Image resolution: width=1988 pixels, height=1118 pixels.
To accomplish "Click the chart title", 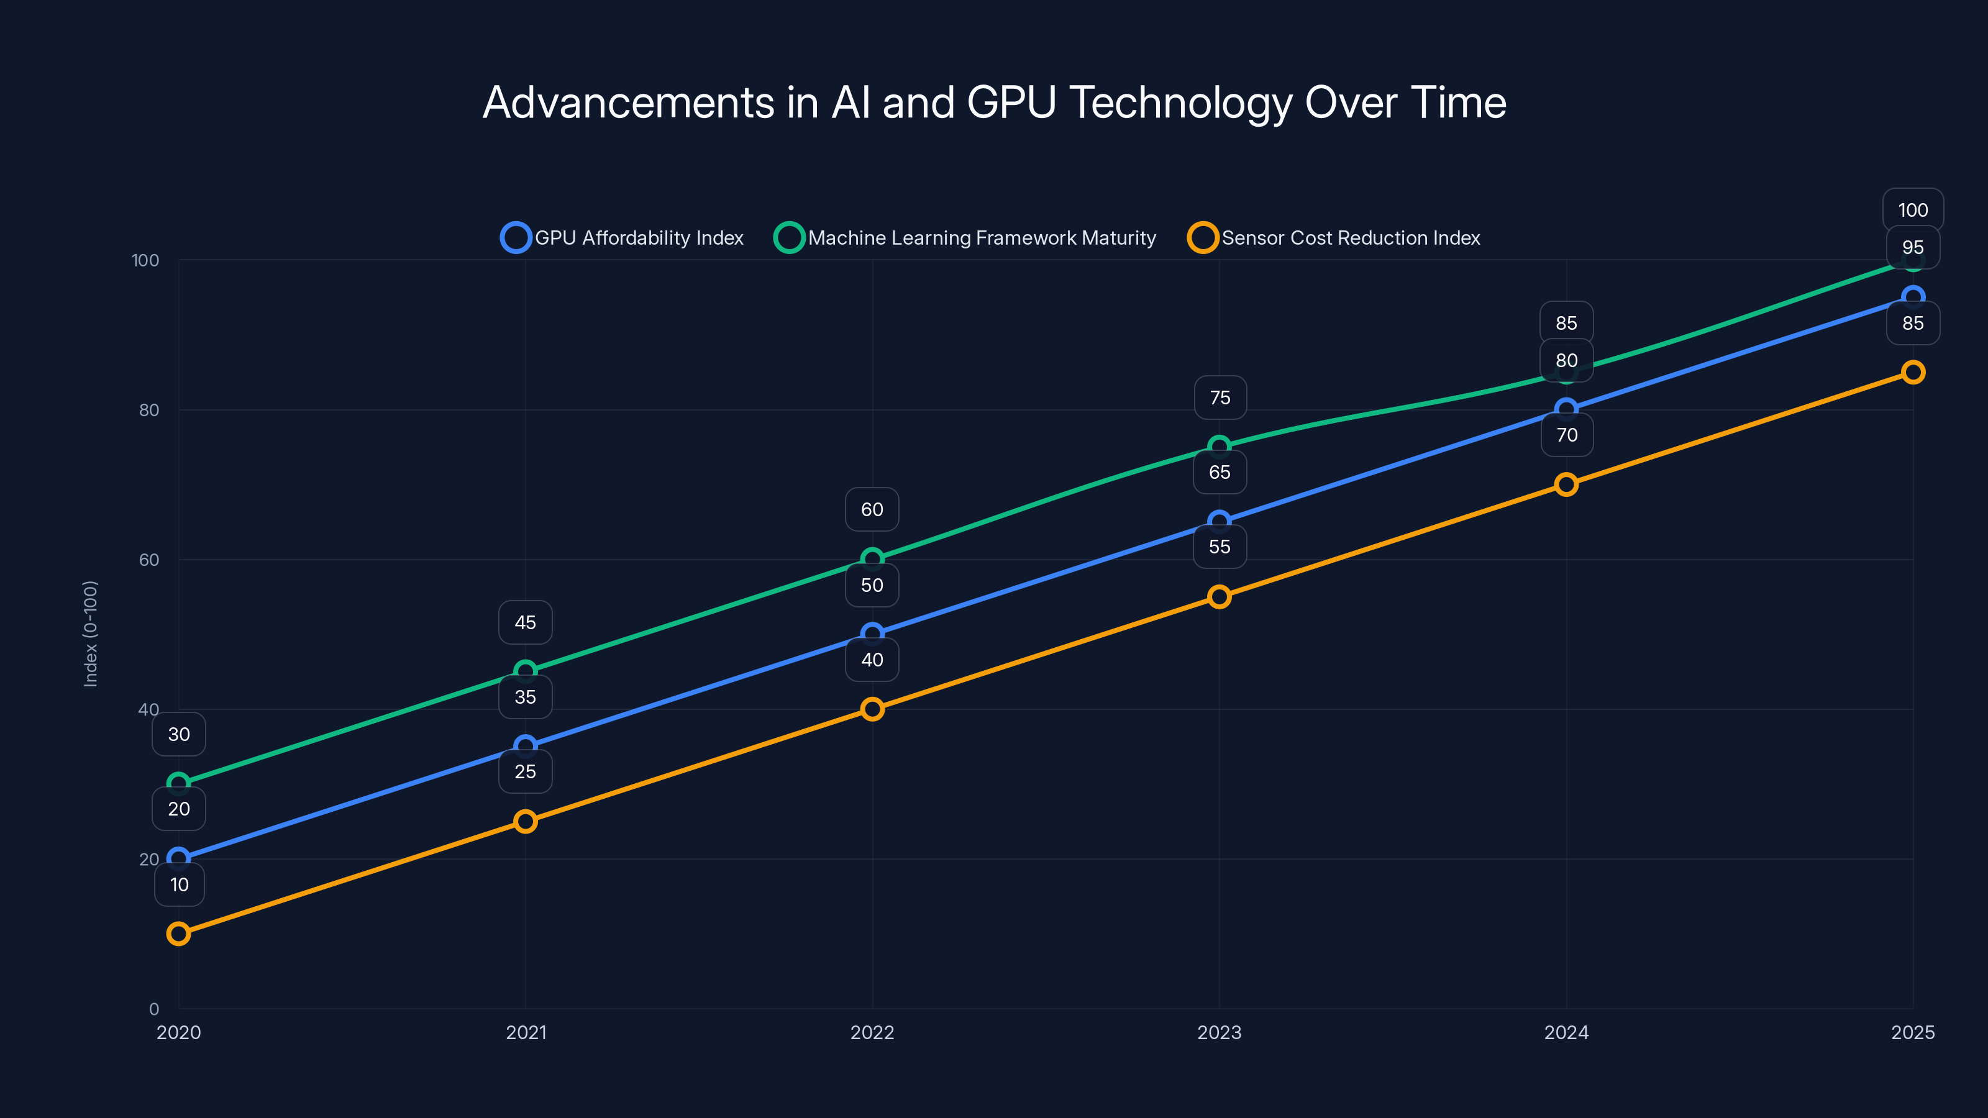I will pos(994,102).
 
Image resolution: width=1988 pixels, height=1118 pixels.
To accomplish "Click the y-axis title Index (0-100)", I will pos(90,634).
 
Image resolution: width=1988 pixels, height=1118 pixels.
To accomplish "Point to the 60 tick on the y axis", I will pos(149,560).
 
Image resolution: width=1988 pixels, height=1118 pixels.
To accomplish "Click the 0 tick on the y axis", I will pos(153,1009).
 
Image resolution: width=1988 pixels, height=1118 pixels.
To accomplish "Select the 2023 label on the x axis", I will pos(1218,1032).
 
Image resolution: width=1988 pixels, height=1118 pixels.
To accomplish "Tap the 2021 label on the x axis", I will pos(526,1032).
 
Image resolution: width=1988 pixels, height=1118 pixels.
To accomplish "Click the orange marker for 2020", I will pos(178,934).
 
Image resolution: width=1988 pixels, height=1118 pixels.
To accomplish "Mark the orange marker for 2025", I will pos(1912,373).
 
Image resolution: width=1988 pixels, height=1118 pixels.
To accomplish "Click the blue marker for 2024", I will pos(1566,409).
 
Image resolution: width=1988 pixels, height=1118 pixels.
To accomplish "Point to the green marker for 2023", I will pos(1218,446).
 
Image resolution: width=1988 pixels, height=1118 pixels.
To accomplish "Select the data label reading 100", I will pos(1912,210).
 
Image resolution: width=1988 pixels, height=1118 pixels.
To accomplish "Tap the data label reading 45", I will pos(525,622).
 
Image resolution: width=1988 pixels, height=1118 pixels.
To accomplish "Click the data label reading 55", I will pos(1218,547).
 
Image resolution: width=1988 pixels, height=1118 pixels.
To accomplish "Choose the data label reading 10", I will pos(179,884).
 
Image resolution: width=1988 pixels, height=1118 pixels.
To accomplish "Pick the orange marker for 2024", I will pos(1566,484).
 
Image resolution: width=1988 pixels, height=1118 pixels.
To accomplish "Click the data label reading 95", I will pos(1912,248).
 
